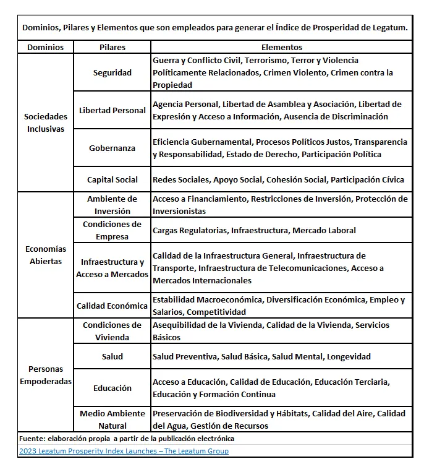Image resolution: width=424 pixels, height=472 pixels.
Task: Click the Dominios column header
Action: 45,47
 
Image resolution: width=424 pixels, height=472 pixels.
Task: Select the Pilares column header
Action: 112,47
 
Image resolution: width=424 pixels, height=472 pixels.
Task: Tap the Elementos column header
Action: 281,47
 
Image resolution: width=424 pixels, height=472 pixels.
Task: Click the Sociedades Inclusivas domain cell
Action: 45,122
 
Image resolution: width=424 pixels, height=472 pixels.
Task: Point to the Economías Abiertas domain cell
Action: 45,255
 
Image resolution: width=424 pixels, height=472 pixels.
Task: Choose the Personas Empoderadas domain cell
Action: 45,375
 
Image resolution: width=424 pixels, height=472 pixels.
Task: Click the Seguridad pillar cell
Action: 112,72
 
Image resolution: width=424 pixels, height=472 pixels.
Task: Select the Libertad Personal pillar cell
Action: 112,110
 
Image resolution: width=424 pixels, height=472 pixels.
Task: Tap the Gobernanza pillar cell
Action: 112,148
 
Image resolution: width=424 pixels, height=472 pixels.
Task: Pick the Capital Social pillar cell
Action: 112,179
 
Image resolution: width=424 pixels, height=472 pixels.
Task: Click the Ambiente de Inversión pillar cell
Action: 112,205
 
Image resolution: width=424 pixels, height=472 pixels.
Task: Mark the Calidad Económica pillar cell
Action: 112,306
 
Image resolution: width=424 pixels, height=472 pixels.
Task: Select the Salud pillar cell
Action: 112,356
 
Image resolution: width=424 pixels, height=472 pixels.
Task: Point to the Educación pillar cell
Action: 112,388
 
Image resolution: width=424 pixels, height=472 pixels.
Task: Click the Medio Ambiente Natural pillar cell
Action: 112,419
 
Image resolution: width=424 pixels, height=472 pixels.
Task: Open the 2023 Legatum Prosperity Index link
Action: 123,451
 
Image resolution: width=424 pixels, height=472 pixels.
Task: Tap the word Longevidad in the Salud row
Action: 349,356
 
